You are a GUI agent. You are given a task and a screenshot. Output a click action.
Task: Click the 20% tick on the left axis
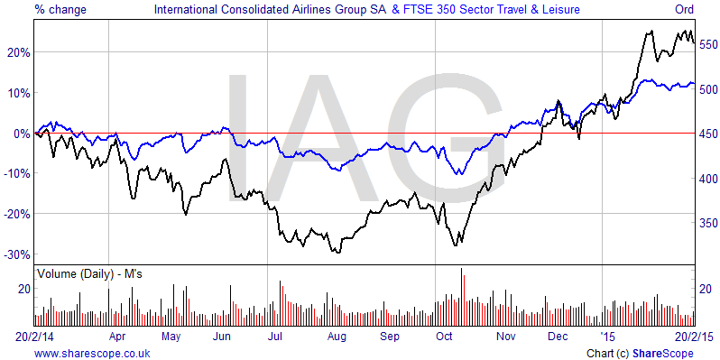pos(19,52)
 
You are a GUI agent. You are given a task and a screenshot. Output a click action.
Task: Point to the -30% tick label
pos(17,254)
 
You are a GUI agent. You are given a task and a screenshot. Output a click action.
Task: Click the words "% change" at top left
pos(60,10)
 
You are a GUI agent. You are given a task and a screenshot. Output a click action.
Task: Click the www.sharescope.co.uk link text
pos(91,352)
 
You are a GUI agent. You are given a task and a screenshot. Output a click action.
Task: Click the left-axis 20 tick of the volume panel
pos(25,289)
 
